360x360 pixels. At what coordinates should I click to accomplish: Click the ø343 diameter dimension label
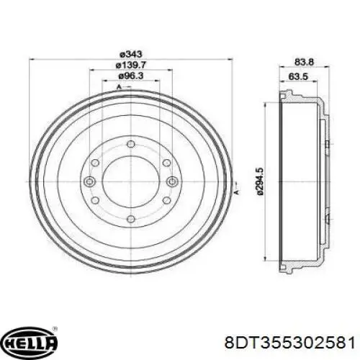tap(131, 54)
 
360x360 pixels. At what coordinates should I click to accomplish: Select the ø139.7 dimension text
tap(131, 65)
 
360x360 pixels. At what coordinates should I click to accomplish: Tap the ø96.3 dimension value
tap(131, 76)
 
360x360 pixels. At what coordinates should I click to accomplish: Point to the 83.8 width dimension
tap(304, 63)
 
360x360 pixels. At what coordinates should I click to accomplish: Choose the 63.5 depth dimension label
tap(298, 76)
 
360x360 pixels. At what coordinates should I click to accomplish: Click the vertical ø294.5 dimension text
tap(260, 181)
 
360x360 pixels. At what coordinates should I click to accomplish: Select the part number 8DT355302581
tap(290, 343)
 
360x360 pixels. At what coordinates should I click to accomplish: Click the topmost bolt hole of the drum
tap(130, 144)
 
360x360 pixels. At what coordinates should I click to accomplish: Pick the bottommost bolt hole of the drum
tap(130, 219)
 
